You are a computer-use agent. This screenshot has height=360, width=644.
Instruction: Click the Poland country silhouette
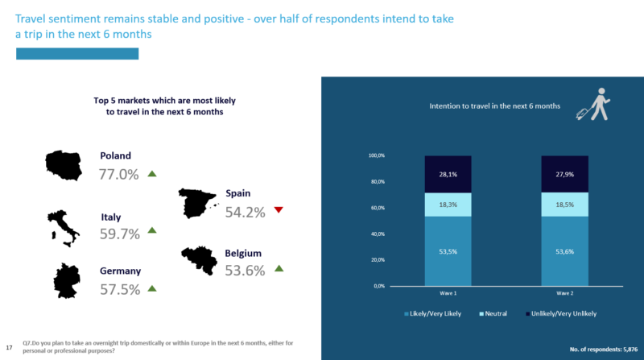coord(64,165)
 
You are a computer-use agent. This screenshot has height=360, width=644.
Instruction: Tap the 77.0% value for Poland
coord(118,174)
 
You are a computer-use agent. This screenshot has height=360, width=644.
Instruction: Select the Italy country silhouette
coord(64,227)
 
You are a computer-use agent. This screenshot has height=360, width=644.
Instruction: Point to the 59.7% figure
coord(120,234)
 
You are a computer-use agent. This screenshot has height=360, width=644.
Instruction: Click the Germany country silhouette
coord(67,280)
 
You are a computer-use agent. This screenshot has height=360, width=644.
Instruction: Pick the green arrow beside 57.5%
coord(152,288)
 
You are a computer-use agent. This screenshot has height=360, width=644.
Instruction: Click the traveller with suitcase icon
coord(594,104)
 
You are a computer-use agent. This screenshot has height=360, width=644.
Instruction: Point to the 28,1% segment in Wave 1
coord(448,174)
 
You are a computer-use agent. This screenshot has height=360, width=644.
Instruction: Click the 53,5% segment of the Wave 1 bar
coord(448,250)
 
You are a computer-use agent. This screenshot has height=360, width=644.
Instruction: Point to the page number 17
coord(9,346)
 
